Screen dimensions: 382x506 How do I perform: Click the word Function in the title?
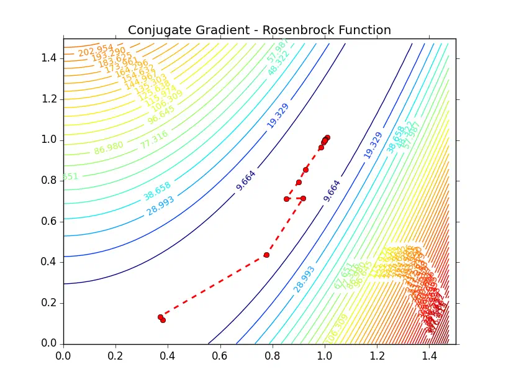click(x=364, y=30)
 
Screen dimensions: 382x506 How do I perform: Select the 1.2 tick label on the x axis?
click(x=377, y=357)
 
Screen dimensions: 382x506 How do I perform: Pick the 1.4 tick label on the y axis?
click(x=51, y=58)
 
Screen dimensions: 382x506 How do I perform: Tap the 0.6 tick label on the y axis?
click(x=51, y=221)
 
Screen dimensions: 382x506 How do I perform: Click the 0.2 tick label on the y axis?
click(x=51, y=303)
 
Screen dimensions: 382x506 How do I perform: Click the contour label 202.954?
click(x=96, y=50)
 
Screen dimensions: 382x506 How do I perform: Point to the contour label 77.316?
click(x=153, y=139)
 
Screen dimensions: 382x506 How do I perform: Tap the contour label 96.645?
click(x=161, y=116)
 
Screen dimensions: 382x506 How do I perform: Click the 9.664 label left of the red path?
click(x=246, y=180)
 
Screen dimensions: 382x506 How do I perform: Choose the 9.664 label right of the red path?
click(x=332, y=191)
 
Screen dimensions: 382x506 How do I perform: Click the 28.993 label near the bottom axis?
click(x=304, y=279)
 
